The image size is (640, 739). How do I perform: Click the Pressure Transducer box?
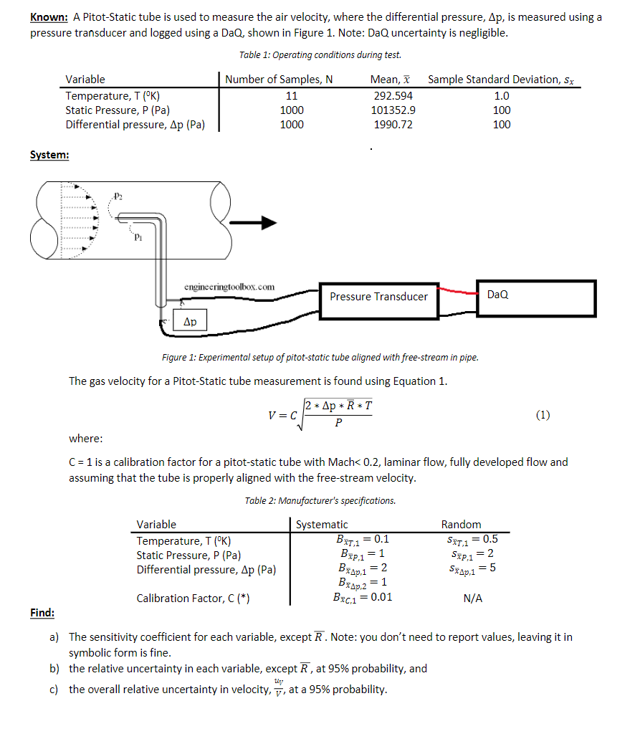point(378,296)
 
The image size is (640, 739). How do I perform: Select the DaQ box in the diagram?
point(537,295)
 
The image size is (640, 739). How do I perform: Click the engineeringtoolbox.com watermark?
point(229,286)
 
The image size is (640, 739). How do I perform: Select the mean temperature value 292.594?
point(393,95)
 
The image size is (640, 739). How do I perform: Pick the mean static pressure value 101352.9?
point(393,110)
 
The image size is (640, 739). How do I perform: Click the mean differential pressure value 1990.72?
point(393,124)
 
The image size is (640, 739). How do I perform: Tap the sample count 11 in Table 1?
point(292,95)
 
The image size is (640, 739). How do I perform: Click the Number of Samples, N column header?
point(278,80)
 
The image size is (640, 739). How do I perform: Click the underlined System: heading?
point(49,155)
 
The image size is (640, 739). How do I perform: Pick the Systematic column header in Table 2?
point(322,525)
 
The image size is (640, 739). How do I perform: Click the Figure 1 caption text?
point(320,357)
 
